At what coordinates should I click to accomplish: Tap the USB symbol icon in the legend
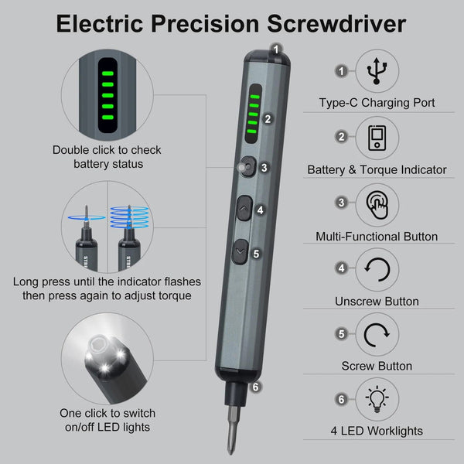377,70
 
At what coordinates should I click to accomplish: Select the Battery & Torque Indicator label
377,169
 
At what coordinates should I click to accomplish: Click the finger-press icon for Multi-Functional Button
377,205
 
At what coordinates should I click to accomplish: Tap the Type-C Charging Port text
377,103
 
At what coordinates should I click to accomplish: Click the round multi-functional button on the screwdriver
247,165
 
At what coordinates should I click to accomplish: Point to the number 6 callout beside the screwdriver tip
256,386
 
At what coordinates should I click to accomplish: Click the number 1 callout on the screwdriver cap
276,49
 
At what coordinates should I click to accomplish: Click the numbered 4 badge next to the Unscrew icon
341,268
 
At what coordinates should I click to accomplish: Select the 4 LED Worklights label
377,431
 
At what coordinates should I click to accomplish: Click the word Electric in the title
100,24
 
